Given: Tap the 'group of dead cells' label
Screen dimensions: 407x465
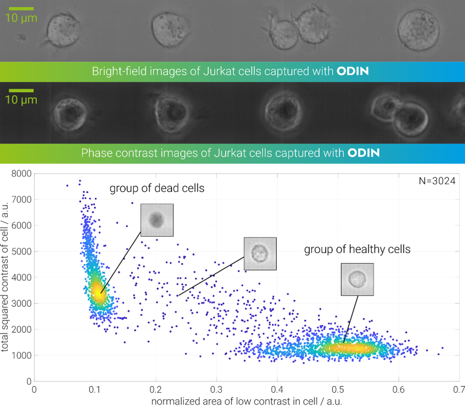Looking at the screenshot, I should [x=157, y=188].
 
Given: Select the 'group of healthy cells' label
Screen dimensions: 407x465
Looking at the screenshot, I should [x=357, y=250].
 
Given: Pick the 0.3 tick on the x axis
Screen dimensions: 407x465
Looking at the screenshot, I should [x=216, y=389].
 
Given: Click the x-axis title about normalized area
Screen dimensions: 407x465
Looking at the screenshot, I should [x=247, y=401].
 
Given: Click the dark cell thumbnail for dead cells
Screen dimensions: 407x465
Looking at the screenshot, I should [x=157, y=220].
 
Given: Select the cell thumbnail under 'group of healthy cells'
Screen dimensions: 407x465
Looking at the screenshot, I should [x=357, y=279].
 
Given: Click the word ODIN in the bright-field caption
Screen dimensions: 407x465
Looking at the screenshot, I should [x=352, y=71].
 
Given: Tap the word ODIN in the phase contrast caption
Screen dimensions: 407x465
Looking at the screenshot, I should [x=364, y=152].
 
